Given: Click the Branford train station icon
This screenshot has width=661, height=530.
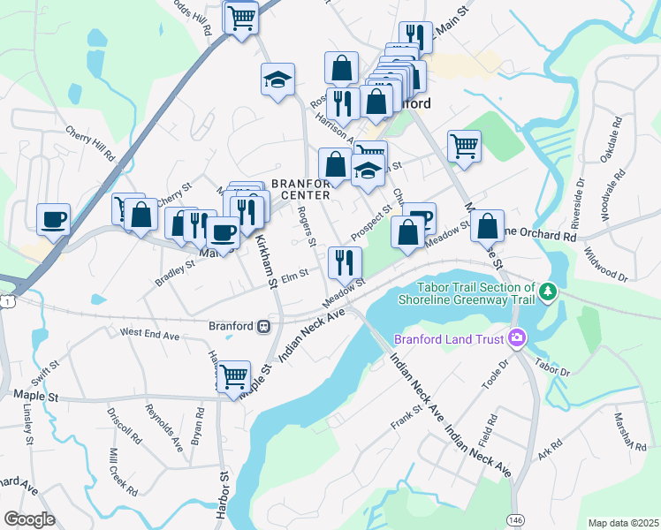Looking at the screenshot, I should coord(263,326).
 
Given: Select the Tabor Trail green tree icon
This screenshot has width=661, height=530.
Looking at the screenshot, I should coord(549,291).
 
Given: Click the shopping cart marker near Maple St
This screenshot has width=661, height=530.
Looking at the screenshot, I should coord(233,377).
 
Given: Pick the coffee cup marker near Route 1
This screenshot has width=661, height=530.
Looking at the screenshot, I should coord(54,219).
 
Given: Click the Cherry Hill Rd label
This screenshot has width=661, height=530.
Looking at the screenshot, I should coord(91,141).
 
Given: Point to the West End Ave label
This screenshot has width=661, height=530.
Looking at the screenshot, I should coord(150,335).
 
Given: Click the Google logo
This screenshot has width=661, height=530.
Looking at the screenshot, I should coord(29,519).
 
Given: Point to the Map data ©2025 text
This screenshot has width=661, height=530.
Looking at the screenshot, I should coord(622,523).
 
